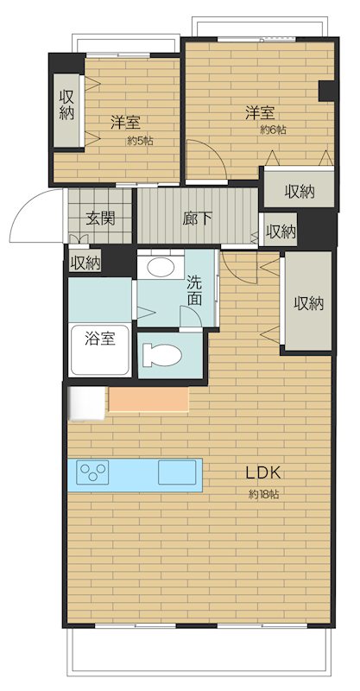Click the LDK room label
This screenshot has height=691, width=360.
(x=263, y=473)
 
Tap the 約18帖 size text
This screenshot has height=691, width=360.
(x=263, y=494)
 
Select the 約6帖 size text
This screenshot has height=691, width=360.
(x=273, y=130)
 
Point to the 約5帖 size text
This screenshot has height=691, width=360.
(x=141, y=141)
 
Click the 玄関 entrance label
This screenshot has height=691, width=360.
(x=100, y=219)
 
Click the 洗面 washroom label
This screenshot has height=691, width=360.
(x=194, y=290)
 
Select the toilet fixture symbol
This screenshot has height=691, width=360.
(x=161, y=355)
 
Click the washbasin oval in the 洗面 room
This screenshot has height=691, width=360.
(x=161, y=268)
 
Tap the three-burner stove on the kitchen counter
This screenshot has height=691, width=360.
(x=92, y=472)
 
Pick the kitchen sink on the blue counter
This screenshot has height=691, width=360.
(x=177, y=472)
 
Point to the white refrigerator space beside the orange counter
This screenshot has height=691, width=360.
(x=86, y=403)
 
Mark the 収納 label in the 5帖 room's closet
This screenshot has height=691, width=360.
(x=66, y=105)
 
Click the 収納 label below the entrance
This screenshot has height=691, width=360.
(x=85, y=263)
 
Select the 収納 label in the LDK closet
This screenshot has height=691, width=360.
(x=309, y=303)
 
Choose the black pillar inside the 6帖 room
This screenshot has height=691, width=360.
(x=327, y=92)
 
